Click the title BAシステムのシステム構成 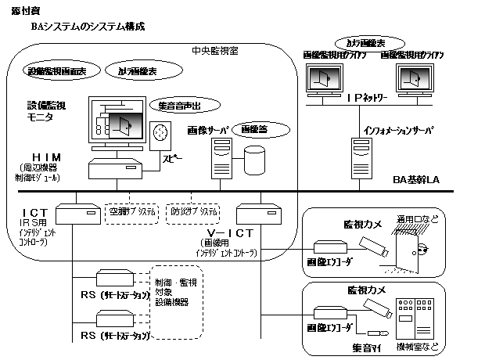point(88,27)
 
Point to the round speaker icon point(161,132)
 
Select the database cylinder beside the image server point(255,159)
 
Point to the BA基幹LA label point(417,180)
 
